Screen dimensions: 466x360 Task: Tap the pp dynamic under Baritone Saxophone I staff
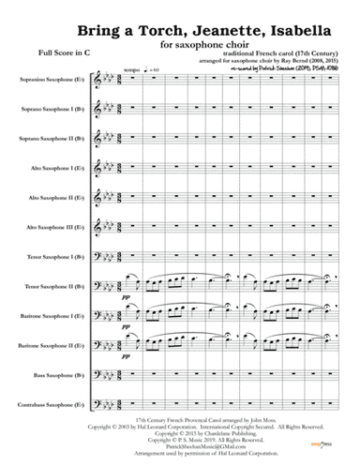(x=127, y=330)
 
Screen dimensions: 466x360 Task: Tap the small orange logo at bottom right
(x=329, y=452)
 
